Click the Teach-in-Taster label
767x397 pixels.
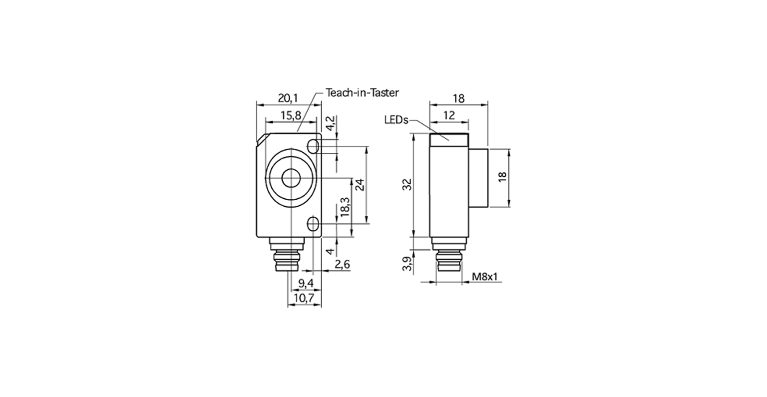click(362, 93)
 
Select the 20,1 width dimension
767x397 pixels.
click(288, 99)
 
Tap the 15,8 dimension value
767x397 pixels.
click(291, 116)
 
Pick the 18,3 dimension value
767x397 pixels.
click(345, 207)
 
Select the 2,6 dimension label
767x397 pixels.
click(342, 264)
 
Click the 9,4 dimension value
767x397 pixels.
click(306, 283)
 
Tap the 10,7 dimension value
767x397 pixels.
click(304, 298)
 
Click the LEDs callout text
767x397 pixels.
click(396, 120)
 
